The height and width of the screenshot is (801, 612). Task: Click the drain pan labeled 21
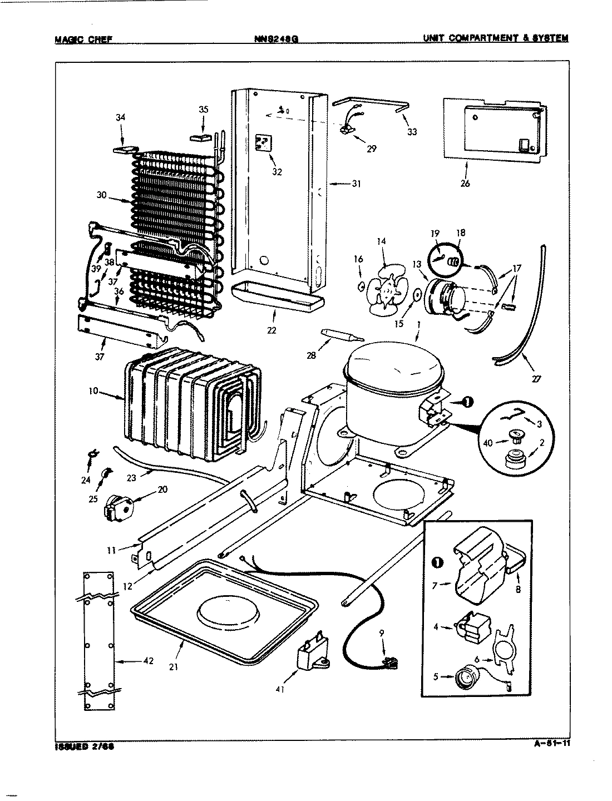click(228, 612)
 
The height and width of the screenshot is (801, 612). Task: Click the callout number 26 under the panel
click(465, 184)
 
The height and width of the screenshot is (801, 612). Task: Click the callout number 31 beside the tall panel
click(356, 184)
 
